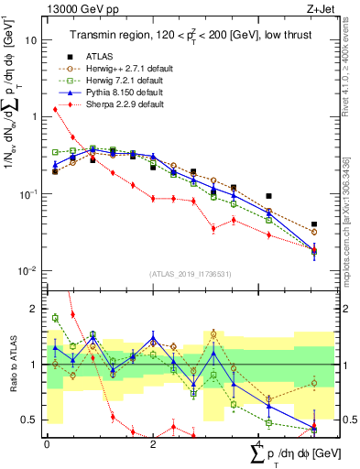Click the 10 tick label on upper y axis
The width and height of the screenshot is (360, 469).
[30, 40]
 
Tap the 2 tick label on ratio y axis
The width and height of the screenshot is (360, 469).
[33, 309]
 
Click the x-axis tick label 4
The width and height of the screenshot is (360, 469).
[259, 443]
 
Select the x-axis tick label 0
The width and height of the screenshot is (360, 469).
[47, 443]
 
